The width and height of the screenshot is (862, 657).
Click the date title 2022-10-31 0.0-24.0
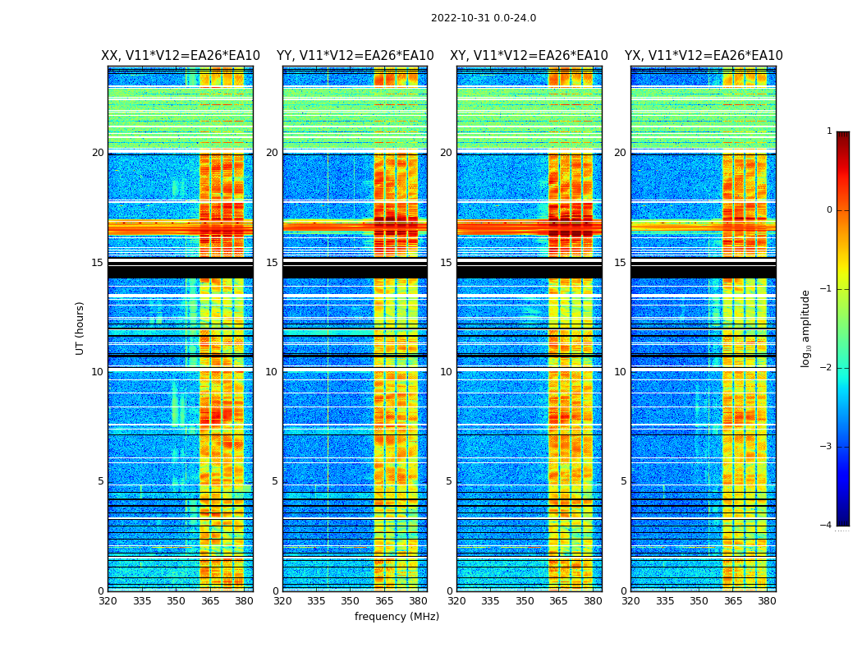click(484, 18)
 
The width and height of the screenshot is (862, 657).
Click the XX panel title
click(181, 56)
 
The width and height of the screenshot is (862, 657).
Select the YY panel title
click(355, 56)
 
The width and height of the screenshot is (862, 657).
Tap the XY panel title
click(529, 56)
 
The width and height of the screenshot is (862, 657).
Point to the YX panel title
click(704, 56)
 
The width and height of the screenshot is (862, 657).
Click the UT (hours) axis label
click(80, 328)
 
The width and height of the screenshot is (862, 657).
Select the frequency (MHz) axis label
click(397, 617)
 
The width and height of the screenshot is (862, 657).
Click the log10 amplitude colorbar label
click(806, 328)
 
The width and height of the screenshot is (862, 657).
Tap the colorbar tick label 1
click(829, 131)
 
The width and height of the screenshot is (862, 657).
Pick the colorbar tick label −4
click(828, 526)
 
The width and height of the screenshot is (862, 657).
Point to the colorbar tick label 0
click(829, 210)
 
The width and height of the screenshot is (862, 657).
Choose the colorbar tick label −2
click(828, 368)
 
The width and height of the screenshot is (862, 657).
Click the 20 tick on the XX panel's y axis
click(98, 153)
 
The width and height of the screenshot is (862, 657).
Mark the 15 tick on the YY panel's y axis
click(272, 263)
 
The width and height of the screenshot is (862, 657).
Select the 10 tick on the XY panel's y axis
click(446, 372)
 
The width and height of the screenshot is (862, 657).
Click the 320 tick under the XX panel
click(108, 601)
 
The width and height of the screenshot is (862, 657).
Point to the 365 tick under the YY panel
click(384, 601)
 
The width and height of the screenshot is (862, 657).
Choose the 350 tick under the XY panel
click(525, 601)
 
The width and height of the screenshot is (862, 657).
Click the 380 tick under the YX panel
click(767, 601)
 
